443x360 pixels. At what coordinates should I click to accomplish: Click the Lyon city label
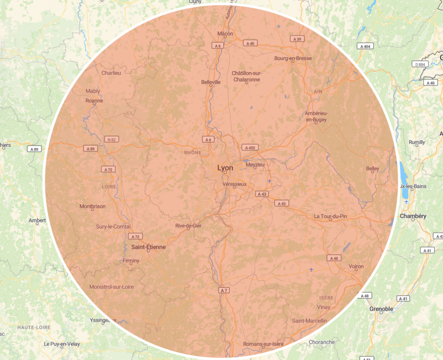(225, 168)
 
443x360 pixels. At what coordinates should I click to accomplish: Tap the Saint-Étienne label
(148, 247)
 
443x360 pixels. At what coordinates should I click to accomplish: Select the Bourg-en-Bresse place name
(293, 58)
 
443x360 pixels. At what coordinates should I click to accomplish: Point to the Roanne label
(94, 101)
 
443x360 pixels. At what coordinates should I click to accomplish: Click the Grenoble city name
(381, 309)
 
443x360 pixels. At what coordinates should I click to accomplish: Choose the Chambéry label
(413, 216)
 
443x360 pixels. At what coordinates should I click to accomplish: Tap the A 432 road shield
(250, 148)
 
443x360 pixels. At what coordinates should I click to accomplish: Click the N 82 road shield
(112, 139)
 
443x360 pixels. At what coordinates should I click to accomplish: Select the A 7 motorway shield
(223, 290)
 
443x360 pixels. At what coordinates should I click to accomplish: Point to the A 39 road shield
(297, 39)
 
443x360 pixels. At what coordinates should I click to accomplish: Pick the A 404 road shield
(365, 46)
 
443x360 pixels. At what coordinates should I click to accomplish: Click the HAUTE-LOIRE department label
(34, 328)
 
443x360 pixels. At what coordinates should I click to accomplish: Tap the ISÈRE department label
(326, 298)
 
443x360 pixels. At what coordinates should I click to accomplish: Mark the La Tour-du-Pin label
(330, 216)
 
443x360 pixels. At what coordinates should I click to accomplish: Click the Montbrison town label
(92, 207)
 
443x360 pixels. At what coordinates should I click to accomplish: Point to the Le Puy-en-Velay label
(62, 344)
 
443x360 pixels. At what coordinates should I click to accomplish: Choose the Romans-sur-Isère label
(263, 344)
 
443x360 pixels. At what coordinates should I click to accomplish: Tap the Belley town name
(372, 169)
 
